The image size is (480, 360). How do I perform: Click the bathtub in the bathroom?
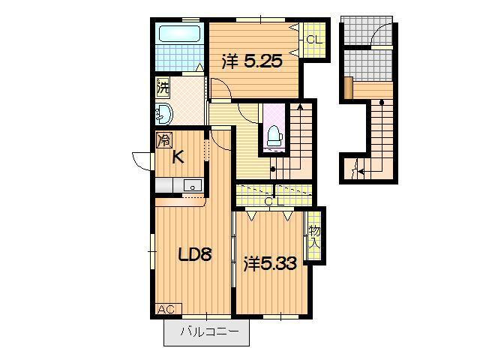click(179, 34)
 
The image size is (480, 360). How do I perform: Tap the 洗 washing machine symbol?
click(163, 88)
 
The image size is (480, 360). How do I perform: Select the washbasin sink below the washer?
click(163, 114)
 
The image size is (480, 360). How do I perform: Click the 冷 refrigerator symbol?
click(164, 140)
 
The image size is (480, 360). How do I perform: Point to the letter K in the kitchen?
click(178, 157)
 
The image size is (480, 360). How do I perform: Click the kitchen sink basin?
click(193, 185)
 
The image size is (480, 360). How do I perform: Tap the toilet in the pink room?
click(274, 136)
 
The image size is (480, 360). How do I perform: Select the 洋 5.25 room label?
click(252, 61)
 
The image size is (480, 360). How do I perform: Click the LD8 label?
click(195, 254)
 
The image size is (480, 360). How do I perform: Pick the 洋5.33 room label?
click(270, 264)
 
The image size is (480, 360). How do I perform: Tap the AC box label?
click(166, 309)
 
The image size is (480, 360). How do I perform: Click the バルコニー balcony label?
click(209, 331)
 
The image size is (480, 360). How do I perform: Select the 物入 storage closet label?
click(314, 237)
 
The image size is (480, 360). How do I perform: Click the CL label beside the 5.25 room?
click(314, 40)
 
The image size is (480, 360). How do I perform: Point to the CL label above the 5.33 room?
click(274, 202)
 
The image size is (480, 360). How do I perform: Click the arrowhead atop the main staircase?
click(300, 106)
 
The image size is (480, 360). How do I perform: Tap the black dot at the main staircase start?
click(273, 169)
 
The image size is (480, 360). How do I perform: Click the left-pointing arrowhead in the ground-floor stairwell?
click(361, 172)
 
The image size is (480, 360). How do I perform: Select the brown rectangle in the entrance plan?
click(348, 88)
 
